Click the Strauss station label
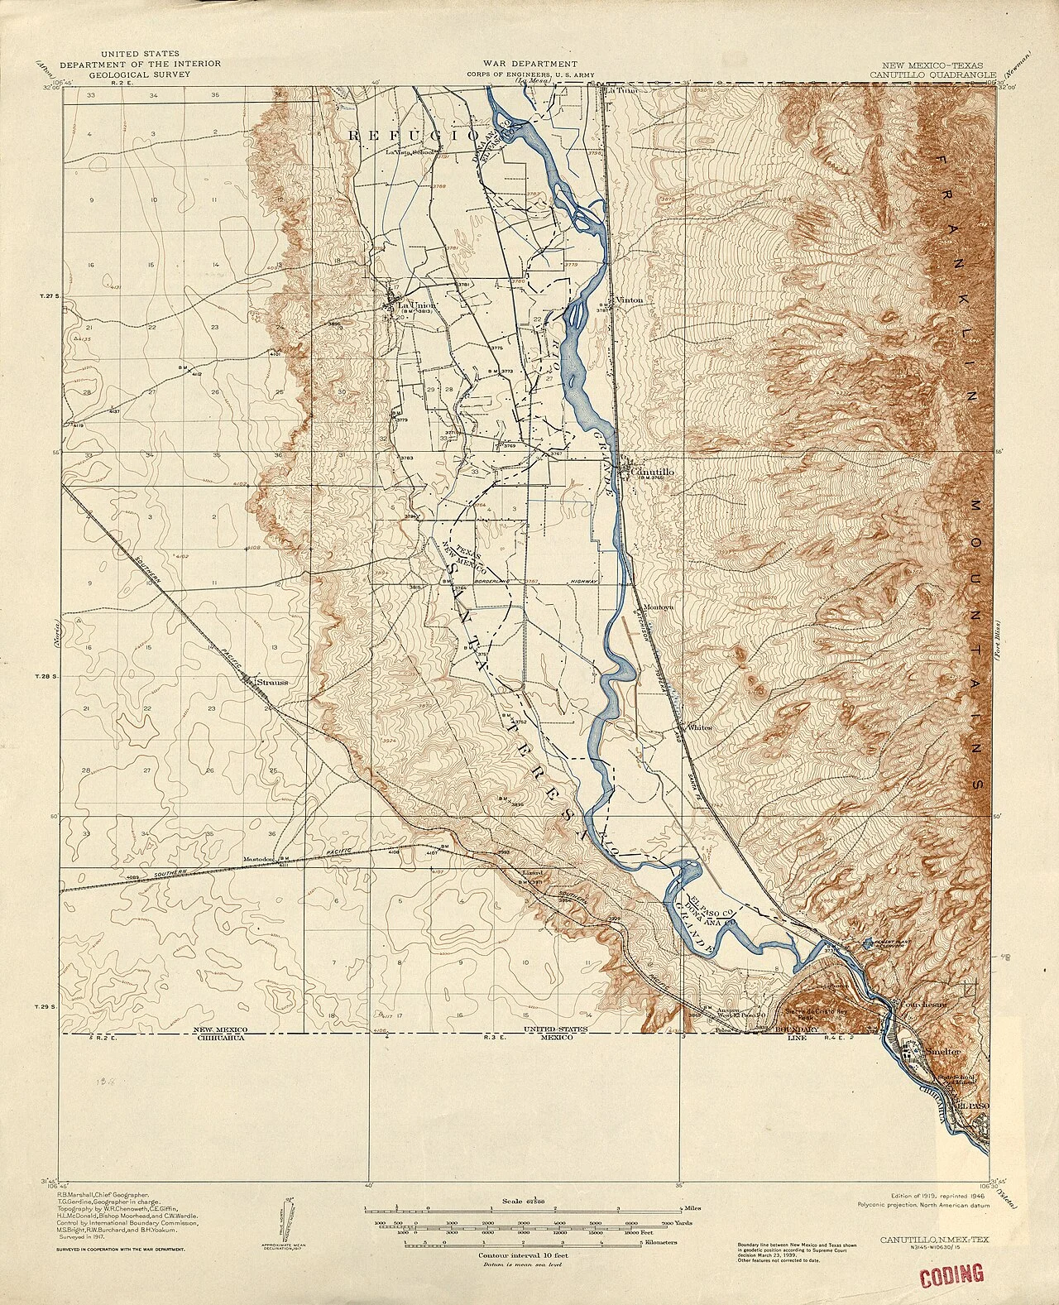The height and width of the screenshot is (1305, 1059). point(271,682)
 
